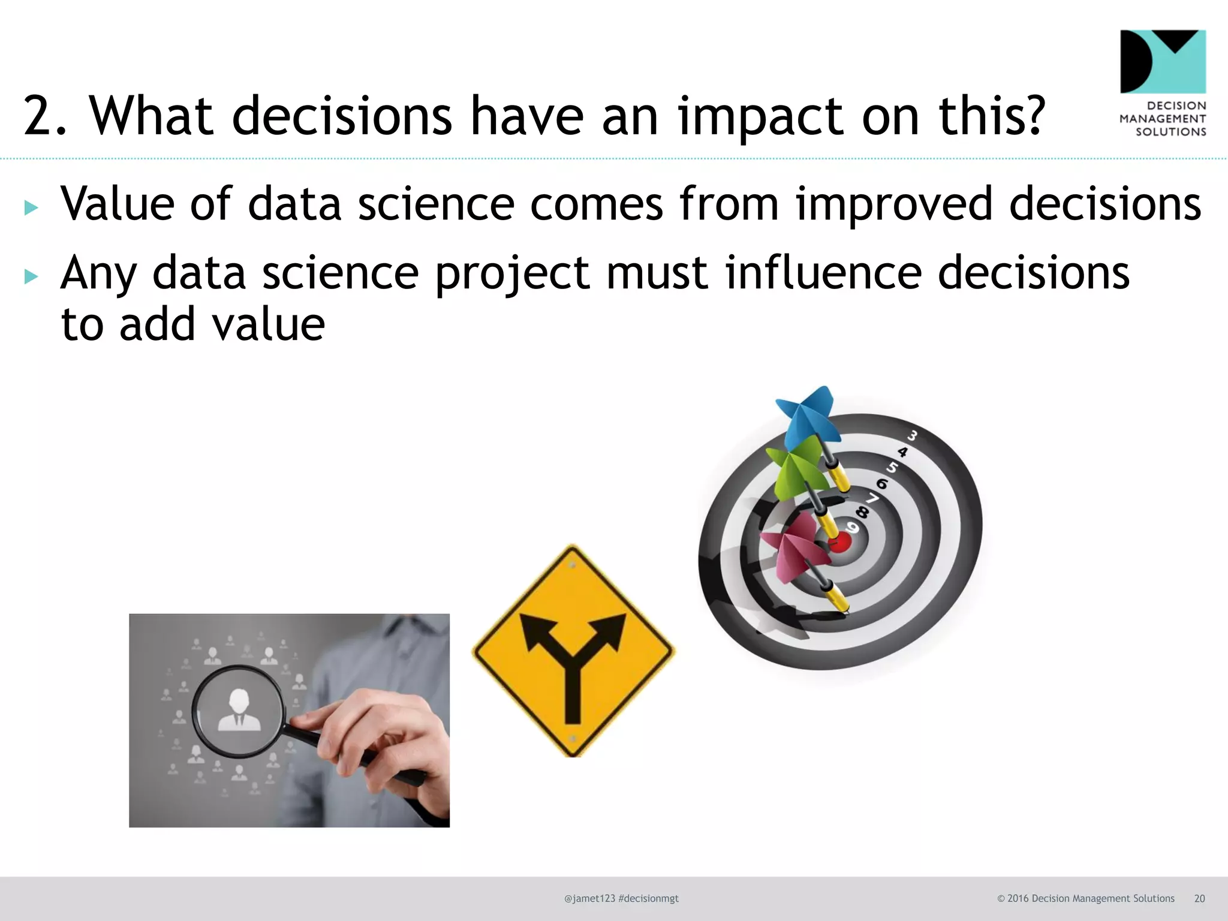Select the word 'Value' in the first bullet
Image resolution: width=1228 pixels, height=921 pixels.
(x=118, y=204)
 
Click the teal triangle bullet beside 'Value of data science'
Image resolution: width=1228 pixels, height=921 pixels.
(x=31, y=207)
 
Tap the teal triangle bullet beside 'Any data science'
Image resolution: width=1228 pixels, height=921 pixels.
(x=31, y=276)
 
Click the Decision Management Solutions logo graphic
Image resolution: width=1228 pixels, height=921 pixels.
(x=1163, y=61)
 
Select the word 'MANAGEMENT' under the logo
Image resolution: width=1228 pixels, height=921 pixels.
(x=1163, y=119)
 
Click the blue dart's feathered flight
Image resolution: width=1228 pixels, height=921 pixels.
(x=806, y=414)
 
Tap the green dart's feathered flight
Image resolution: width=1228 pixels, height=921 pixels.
(x=794, y=468)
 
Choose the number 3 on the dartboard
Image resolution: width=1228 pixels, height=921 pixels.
(x=913, y=435)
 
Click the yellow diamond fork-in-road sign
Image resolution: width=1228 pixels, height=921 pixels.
(x=574, y=651)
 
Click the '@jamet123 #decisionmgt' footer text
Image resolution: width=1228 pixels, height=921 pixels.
(x=621, y=898)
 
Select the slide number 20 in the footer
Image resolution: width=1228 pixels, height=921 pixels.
(x=1199, y=898)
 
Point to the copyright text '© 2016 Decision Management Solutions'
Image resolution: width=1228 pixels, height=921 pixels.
(x=1085, y=898)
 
